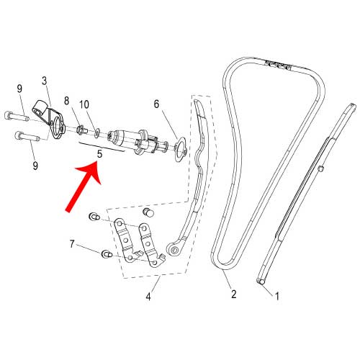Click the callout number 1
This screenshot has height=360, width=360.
(277, 296)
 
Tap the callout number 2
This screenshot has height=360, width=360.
(234, 294)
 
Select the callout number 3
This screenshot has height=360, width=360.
(44, 81)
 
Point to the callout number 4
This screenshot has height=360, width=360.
(148, 297)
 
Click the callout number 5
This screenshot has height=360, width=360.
(99, 154)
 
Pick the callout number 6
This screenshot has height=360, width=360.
(156, 104)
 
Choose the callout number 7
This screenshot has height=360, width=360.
(72, 244)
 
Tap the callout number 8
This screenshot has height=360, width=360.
(66, 101)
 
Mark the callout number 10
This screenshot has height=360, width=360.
(84, 104)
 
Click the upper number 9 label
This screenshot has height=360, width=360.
(19, 89)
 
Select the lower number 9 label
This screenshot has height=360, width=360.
(35, 166)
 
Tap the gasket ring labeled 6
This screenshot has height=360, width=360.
(180, 149)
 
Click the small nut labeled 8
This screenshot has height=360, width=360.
(80, 130)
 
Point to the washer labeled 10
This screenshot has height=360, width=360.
(96, 133)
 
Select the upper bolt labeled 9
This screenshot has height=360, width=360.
(17, 117)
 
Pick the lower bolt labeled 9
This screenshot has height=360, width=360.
(27, 136)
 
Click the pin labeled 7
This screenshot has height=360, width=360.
(107, 254)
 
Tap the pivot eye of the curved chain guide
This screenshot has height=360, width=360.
(173, 250)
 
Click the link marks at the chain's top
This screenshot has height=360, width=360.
(278, 66)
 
